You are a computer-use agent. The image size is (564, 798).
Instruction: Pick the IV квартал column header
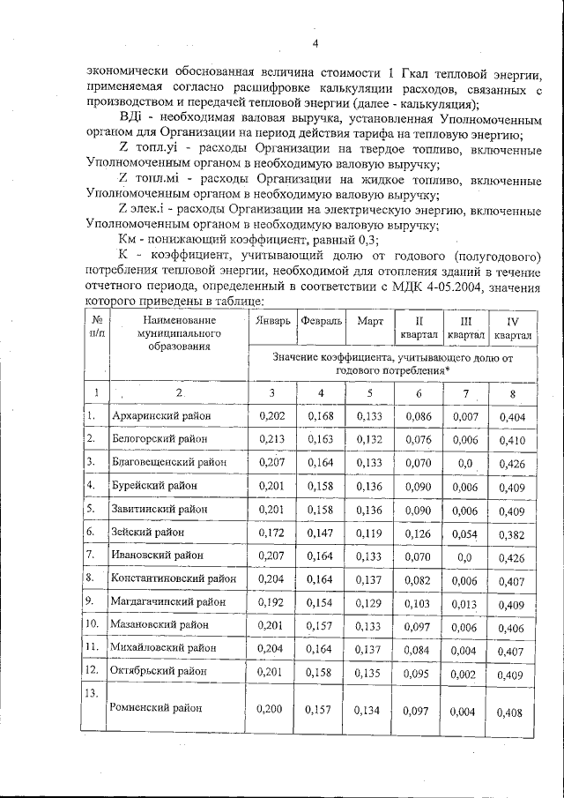(513, 328)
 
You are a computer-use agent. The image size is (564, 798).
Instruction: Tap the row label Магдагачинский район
(167, 601)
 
